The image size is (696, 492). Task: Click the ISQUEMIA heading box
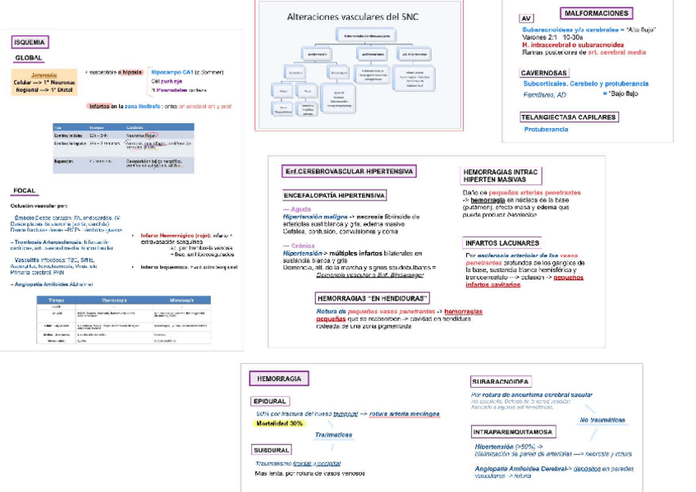[x=30, y=42]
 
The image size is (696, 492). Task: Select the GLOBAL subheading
[x=29, y=58]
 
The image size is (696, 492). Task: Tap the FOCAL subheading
[x=25, y=191]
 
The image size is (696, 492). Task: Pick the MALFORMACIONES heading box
[x=597, y=13]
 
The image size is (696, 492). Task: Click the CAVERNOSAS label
[x=544, y=73]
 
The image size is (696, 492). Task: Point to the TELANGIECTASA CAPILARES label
[x=569, y=117]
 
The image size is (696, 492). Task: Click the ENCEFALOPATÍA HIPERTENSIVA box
[x=334, y=195]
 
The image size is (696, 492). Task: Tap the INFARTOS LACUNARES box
[x=501, y=243]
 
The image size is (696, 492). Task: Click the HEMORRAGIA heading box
[x=278, y=379]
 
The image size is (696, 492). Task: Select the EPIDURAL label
[x=271, y=401]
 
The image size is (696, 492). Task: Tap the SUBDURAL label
[x=272, y=450]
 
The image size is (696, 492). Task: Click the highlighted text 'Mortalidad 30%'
[x=279, y=424]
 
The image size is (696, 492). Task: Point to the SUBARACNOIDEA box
[x=501, y=382]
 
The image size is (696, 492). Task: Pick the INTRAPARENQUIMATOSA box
[x=513, y=431]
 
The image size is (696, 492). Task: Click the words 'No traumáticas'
[x=602, y=420]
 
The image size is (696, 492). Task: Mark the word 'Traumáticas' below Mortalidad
[x=334, y=435]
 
